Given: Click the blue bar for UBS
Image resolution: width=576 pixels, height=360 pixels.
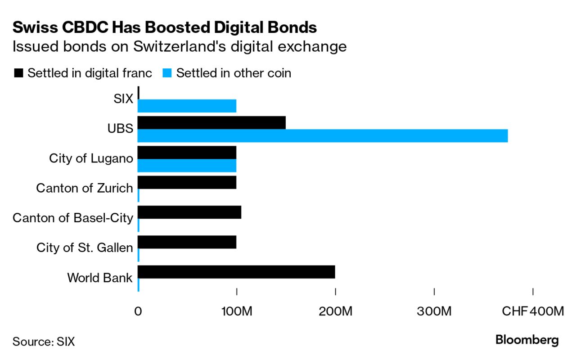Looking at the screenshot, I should [322, 135].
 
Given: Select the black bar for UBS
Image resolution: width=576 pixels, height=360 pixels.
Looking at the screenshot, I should [211, 122].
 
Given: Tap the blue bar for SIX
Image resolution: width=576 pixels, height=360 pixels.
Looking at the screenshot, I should [187, 106].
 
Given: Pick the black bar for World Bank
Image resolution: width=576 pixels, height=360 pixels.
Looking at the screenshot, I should [236, 272].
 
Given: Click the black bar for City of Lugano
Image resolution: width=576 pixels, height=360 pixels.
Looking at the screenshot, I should [187, 153].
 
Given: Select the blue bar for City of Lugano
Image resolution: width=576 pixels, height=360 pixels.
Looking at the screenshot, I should [187, 166].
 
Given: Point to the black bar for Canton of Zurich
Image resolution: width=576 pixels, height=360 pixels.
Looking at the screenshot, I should [187, 182].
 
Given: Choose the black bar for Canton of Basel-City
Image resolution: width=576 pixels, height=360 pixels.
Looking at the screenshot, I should [189, 212].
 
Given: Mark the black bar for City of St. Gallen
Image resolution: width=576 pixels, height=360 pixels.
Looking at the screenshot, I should [187, 242].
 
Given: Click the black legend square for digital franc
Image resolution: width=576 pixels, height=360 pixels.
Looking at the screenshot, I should [18, 73].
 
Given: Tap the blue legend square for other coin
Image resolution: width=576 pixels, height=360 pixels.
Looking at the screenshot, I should [167, 73].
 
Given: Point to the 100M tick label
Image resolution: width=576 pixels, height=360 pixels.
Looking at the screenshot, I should [236, 311].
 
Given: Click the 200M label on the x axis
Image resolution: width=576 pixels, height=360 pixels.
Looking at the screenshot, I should [335, 311].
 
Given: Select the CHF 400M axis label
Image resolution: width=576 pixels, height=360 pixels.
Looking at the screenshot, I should [532, 311].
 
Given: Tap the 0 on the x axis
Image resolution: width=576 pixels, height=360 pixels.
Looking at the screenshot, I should [138, 311].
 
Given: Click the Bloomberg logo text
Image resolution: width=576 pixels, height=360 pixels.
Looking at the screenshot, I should [526, 340].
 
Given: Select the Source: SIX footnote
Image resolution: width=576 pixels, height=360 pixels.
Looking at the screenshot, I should [44, 342].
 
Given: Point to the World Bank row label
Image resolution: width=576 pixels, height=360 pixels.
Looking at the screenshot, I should [100, 278].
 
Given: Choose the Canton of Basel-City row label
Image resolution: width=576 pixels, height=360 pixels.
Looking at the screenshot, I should [73, 218].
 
